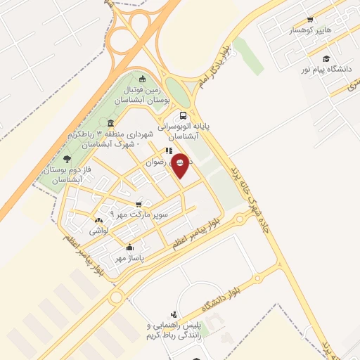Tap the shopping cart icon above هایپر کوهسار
tap(310, 20)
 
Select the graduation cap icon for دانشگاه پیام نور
tap(326, 58)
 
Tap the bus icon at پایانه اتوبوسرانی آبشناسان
tap(183, 115)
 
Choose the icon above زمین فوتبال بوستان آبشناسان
tap(143, 79)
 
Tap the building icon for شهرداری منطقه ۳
tap(110, 124)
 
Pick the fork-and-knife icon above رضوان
tap(168, 150)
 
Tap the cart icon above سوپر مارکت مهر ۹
tap(139, 204)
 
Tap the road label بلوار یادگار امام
tap(213, 67)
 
